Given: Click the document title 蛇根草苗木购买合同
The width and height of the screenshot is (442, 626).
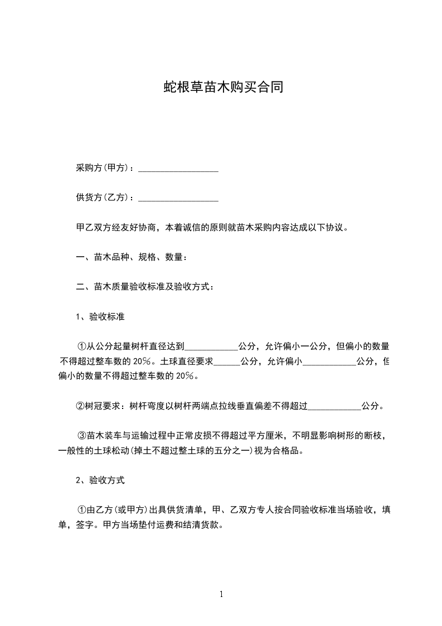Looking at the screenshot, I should pyautogui.click(x=221, y=87).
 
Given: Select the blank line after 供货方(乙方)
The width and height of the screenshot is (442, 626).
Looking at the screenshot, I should pyautogui.click(x=178, y=198).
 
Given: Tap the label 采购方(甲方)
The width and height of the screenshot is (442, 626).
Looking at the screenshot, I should pyautogui.click(x=105, y=168).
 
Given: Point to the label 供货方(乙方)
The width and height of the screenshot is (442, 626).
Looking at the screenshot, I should pyautogui.click(x=105, y=197).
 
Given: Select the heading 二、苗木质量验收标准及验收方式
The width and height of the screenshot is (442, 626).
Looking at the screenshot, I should pyautogui.click(x=144, y=287).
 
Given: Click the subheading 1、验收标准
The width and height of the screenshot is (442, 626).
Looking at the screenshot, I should pyautogui.click(x=100, y=317).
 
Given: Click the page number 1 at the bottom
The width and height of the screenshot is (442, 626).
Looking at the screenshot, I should pyautogui.click(x=221, y=594).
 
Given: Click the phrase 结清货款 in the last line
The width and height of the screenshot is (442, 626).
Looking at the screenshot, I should pyautogui.click(x=204, y=524).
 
